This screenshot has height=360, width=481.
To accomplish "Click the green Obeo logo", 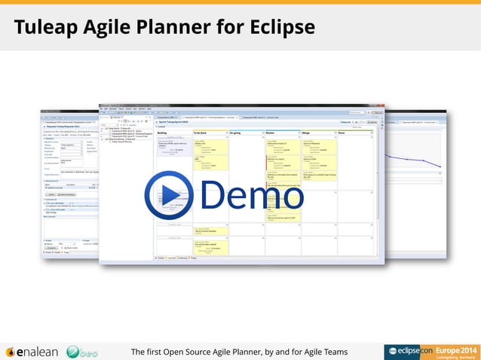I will pyautogui.click(x=82, y=351).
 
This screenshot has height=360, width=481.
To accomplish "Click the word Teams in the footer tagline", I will pyautogui.click(x=332, y=351).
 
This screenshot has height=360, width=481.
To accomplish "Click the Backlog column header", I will pyautogui.click(x=162, y=133).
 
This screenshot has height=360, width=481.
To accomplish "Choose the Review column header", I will pyautogui.click(x=272, y=133).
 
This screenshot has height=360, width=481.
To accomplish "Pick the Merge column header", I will pyautogui.click(x=308, y=133).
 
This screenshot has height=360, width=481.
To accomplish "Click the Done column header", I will pyautogui.click(x=343, y=133).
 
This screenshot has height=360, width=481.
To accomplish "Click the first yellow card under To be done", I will pyautogui.click(x=210, y=148).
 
